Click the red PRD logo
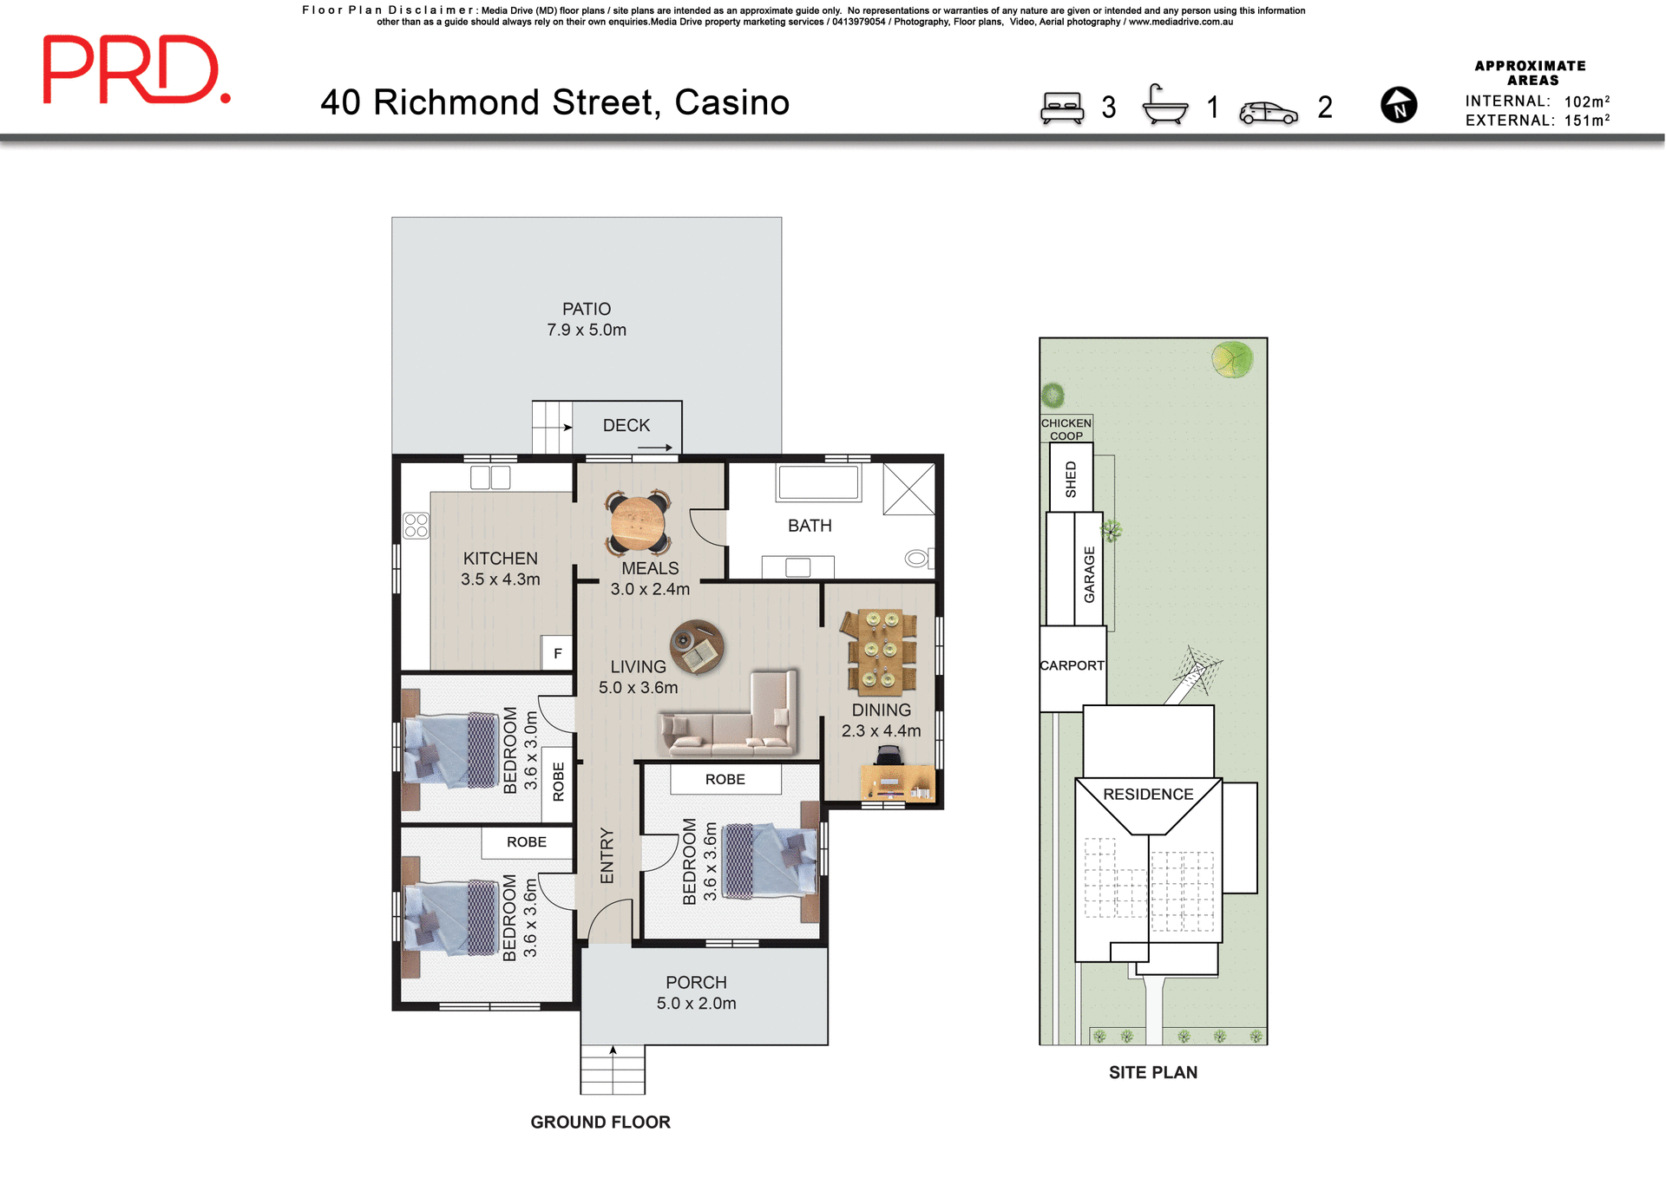135,69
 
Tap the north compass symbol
1398,105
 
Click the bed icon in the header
1062,108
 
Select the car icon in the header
1268,113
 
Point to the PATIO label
586,309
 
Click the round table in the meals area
638,522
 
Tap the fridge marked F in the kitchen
557,653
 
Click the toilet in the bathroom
918,558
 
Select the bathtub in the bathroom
818,482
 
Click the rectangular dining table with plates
880,651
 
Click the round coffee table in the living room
697,646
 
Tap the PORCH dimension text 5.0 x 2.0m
696,1004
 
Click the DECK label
626,425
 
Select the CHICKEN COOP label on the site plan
1066,429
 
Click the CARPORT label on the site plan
1072,665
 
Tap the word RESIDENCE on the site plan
1147,794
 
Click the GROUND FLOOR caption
600,1122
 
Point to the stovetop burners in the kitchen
416,526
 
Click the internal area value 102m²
1586,101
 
